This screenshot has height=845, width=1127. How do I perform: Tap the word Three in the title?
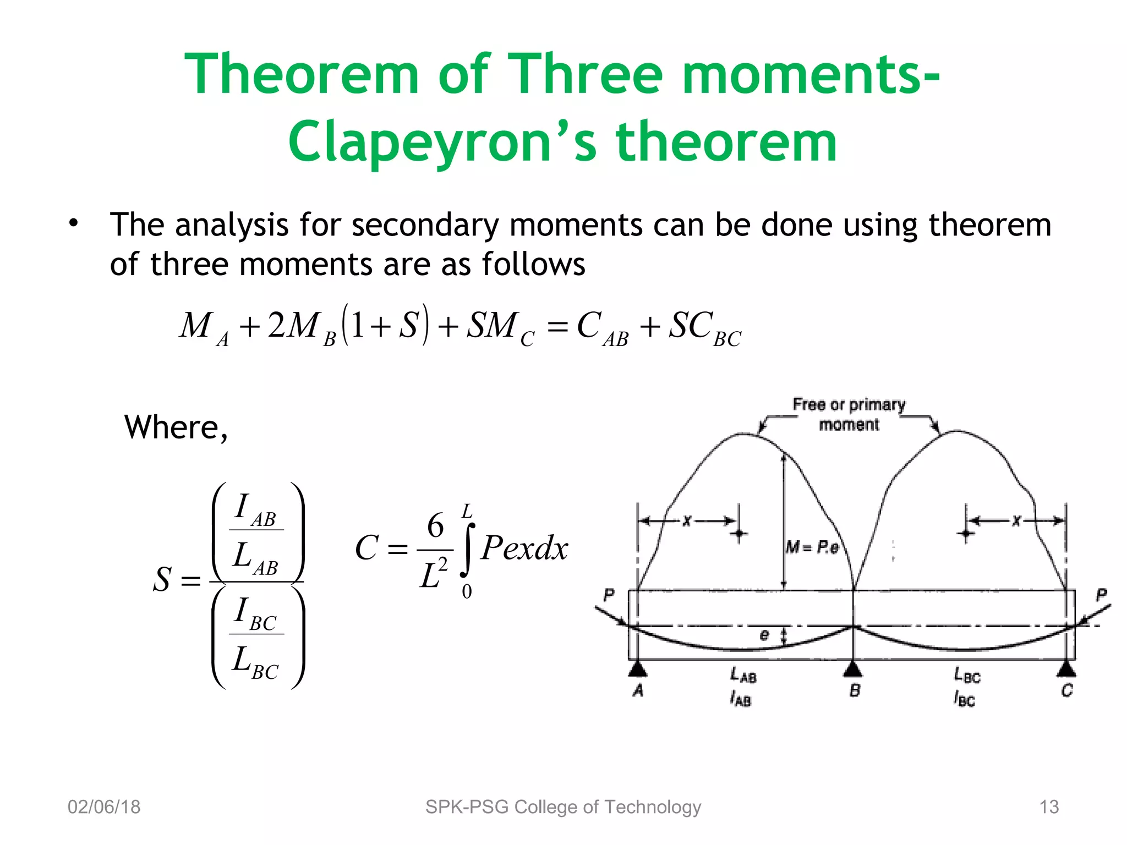[587, 74]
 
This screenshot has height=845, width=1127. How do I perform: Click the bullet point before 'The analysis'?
[74, 223]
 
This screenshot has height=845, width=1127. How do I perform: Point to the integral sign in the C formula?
[467, 548]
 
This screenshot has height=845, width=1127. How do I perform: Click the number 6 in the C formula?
[435, 525]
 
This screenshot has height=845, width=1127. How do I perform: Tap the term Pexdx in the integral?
[524, 548]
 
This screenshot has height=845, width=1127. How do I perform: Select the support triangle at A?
[637, 669]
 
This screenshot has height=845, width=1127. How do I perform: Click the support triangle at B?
[853, 669]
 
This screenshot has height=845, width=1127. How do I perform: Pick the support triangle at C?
[1066, 669]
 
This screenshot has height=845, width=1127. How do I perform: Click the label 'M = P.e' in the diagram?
[812, 547]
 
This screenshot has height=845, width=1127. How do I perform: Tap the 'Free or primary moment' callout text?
[849, 414]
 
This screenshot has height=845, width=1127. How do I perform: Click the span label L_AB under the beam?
[743, 675]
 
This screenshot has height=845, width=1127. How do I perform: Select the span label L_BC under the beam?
[967, 675]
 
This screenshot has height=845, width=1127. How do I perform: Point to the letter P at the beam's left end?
[609, 595]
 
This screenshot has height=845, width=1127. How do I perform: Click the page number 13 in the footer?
[1049, 807]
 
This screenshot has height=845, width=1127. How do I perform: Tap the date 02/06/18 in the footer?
[104, 807]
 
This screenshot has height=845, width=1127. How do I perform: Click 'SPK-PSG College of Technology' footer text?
[563, 807]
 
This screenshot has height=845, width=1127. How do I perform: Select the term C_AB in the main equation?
[603, 328]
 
